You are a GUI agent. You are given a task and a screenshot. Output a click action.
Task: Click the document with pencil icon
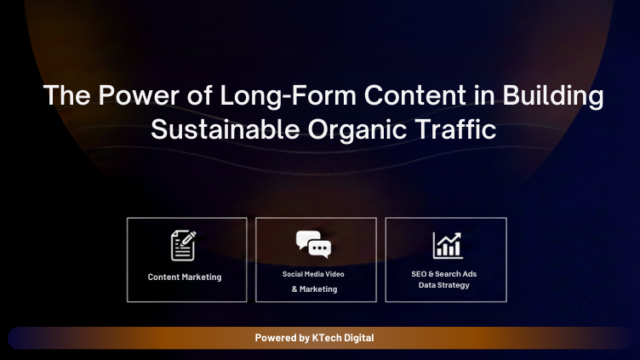click(x=184, y=245)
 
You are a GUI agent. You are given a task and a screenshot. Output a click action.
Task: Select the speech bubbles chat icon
click(x=314, y=244)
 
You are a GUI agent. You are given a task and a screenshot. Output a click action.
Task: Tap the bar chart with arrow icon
click(x=446, y=245)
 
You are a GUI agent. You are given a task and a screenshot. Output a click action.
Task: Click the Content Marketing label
click(x=185, y=277)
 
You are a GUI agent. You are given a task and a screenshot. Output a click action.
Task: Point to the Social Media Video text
click(x=314, y=274)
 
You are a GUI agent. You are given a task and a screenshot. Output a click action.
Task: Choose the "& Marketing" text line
click(x=314, y=289)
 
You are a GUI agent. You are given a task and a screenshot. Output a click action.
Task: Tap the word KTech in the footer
click(x=329, y=338)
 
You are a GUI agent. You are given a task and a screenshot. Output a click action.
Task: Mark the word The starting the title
click(x=61, y=96)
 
